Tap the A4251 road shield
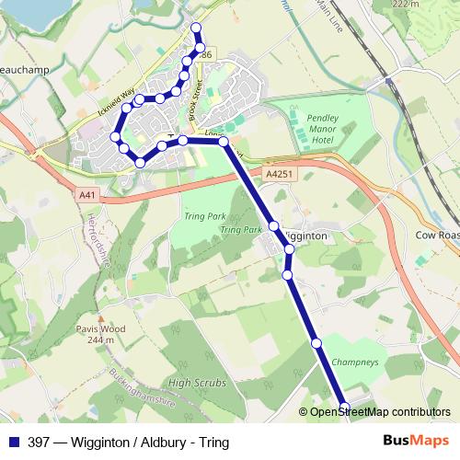point(277,173)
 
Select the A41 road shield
point(87,195)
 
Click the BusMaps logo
point(413,441)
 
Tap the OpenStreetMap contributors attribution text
point(380,412)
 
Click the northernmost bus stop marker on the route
point(195,27)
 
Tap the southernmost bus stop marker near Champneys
point(345,406)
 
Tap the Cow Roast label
point(435,236)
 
